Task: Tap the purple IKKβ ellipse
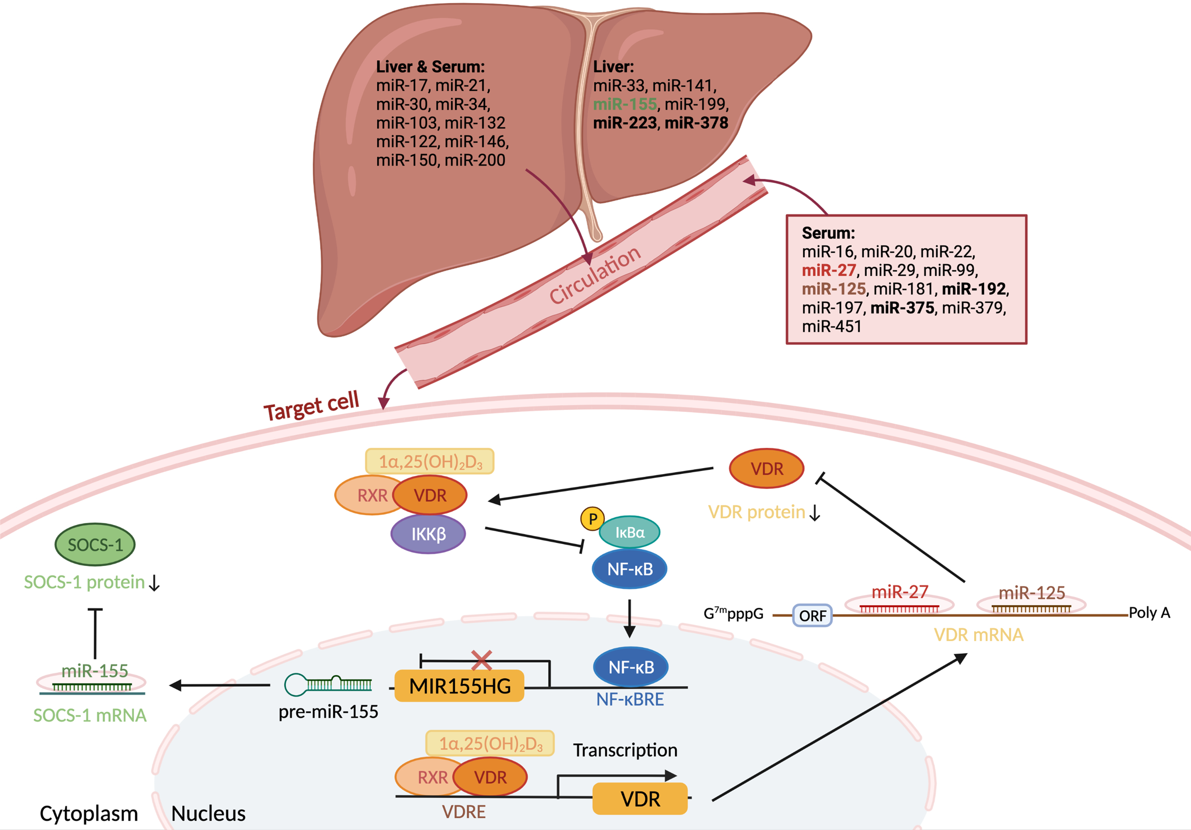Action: (x=428, y=534)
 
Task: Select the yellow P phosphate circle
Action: (x=592, y=518)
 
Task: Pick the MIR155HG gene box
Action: (x=460, y=686)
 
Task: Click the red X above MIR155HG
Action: (x=481, y=661)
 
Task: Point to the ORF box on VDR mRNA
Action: (x=812, y=616)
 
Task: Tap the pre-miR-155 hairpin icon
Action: (x=328, y=684)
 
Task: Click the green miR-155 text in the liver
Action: (x=625, y=104)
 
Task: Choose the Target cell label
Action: (x=311, y=406)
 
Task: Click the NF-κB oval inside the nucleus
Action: (x=630, y=667)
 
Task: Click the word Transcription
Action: (x=625, y=750)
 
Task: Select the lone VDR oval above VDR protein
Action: (x=767, y=469)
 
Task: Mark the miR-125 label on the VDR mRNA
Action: (x=1031, y=592)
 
